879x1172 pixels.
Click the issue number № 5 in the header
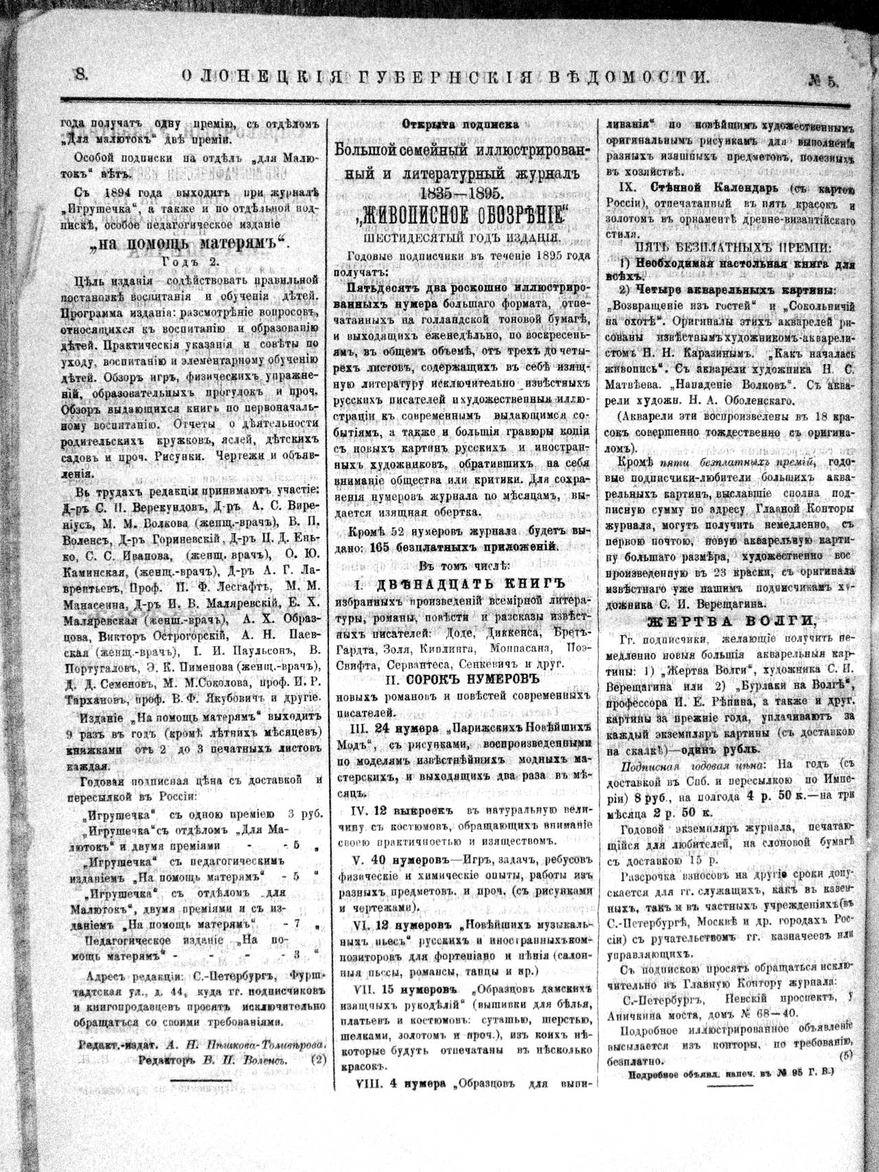click(x=823, y=80)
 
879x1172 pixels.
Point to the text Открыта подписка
click(x=460, y=124)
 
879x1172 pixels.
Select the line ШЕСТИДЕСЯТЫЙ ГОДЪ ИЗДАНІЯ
click(x=460, y=238)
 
